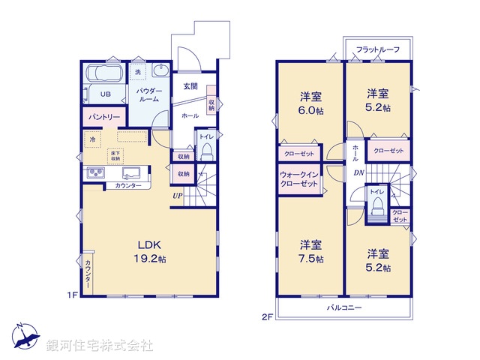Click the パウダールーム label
[148, 94]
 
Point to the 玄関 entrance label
[190, 86]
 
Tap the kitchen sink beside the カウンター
[96, 173]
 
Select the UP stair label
[177, 196]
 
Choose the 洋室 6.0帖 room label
[311, 102]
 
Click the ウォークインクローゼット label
[299, 179]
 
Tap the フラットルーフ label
[377, 49]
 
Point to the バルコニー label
[344, 307]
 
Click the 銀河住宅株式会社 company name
[100, 346]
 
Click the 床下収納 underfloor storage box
[115, 155]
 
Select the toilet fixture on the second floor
[376, 205]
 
